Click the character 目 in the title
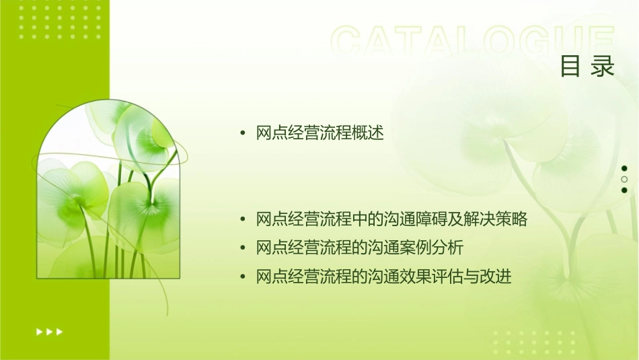571,66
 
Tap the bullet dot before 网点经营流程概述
243,134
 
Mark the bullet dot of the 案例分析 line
243,248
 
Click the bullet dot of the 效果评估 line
243,277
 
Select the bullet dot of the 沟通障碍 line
243,220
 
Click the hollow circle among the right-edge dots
624,179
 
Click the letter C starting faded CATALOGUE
349,42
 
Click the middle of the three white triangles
49,331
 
